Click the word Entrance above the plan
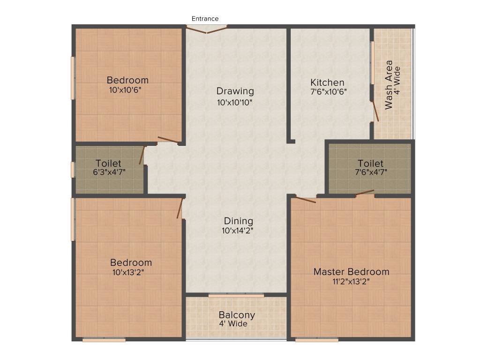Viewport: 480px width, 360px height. pos(205,19)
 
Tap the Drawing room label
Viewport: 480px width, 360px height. pos(235,91)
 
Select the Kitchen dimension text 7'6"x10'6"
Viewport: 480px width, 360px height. pos(328,92)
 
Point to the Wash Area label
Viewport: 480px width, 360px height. pos(389,84)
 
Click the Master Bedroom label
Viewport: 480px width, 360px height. pos(351,272)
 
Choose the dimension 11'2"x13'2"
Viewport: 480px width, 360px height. pos(351,282)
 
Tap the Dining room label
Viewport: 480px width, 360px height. pos(238,221)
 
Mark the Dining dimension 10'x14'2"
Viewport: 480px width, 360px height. pos(238,231)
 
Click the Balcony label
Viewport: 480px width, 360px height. pos(237,315)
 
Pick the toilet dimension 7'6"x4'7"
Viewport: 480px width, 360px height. pos(370,172)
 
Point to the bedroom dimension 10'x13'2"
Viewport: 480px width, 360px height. pos(128,272)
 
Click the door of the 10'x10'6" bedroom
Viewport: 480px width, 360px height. pos(167,139)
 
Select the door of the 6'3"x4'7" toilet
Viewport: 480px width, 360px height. pos(142,155)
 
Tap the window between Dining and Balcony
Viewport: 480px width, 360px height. pos(236,295)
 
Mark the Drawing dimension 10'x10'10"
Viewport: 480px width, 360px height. pos(235,102)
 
